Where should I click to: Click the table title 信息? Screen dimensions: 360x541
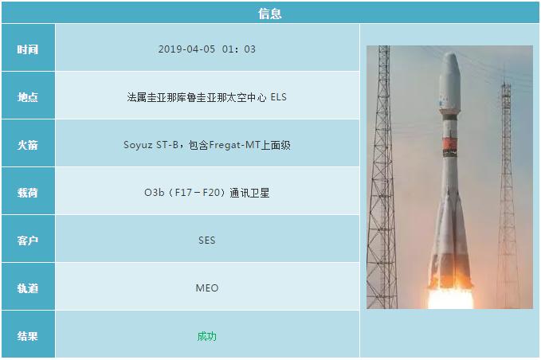coord(270,13)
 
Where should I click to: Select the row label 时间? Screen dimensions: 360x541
coord(28,49)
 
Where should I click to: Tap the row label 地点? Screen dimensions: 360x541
coord(28,96)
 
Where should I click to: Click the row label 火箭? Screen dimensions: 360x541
coord(28,144)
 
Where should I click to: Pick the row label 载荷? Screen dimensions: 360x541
coord(28,192)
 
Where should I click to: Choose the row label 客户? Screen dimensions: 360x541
coord(28,240)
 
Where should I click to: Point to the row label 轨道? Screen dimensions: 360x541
coord(28,288)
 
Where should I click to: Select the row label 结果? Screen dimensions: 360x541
coord(28,335)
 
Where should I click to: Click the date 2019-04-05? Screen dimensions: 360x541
coord(183,49)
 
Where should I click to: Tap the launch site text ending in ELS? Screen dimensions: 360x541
coord(206,96)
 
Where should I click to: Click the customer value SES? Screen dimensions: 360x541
coord(206,240)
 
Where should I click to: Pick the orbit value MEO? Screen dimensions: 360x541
coord(206,288)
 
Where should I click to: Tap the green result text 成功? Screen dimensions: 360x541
coord(206,335)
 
